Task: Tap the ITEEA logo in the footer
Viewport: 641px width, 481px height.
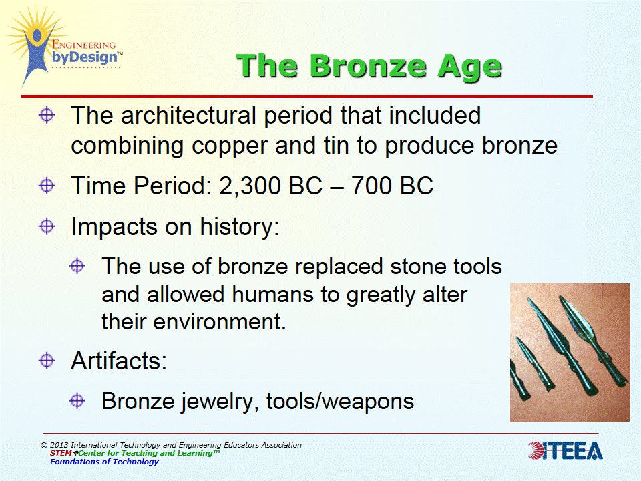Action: (x=565, y=450)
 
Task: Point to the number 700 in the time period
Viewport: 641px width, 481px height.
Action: (x=372, y=186)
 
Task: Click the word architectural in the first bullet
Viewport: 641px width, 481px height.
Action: (x=188, y=116)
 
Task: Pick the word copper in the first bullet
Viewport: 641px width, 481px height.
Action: (x=229, y=147)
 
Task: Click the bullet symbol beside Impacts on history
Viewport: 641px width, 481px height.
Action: (x=47, y=226)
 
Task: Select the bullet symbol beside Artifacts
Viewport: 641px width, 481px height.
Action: (x=47, y=360)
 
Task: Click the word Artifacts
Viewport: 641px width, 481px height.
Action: (x=119, y=361)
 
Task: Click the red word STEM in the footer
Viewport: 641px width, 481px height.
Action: (x=61, y=453)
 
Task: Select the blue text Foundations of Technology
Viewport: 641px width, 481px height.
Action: (x=104, y=462)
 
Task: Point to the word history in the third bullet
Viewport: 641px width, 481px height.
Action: (x=240, y=226)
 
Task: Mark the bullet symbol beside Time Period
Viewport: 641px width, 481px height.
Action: (x=47, y=186)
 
